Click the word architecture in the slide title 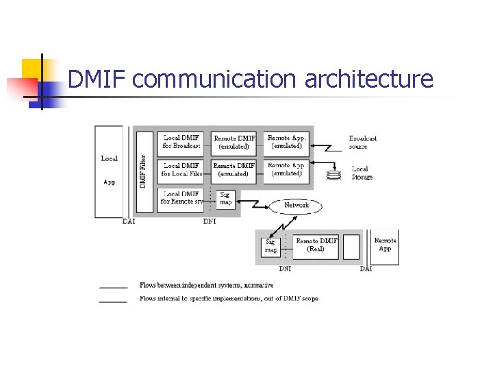click(368, 79)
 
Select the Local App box click(110, 171)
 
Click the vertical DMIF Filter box click(144, 171)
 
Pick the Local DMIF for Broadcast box click(181, 142)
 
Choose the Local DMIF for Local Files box click(181, 170)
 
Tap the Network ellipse click(296, 205)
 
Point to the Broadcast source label click(362, 142)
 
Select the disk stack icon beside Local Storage click(333, 174)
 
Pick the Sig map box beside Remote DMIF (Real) click(270, 246)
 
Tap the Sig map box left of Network click(225, 199)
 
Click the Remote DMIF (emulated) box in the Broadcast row click(234, 142)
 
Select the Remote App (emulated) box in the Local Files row click(286, 170)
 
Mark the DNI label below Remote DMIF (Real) click(285, 269)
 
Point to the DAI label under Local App click(129, 221)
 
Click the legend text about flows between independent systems click(206, 285)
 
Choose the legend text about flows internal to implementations click(228, 299)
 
